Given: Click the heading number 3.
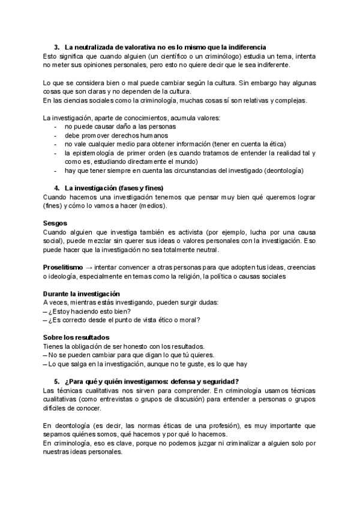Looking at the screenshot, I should [x=56, y=47].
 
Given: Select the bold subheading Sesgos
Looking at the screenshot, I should [x=55, y=223].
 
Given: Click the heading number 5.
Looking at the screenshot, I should [x=56, y=381].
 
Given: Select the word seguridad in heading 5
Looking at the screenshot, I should [x=218, y=381].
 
